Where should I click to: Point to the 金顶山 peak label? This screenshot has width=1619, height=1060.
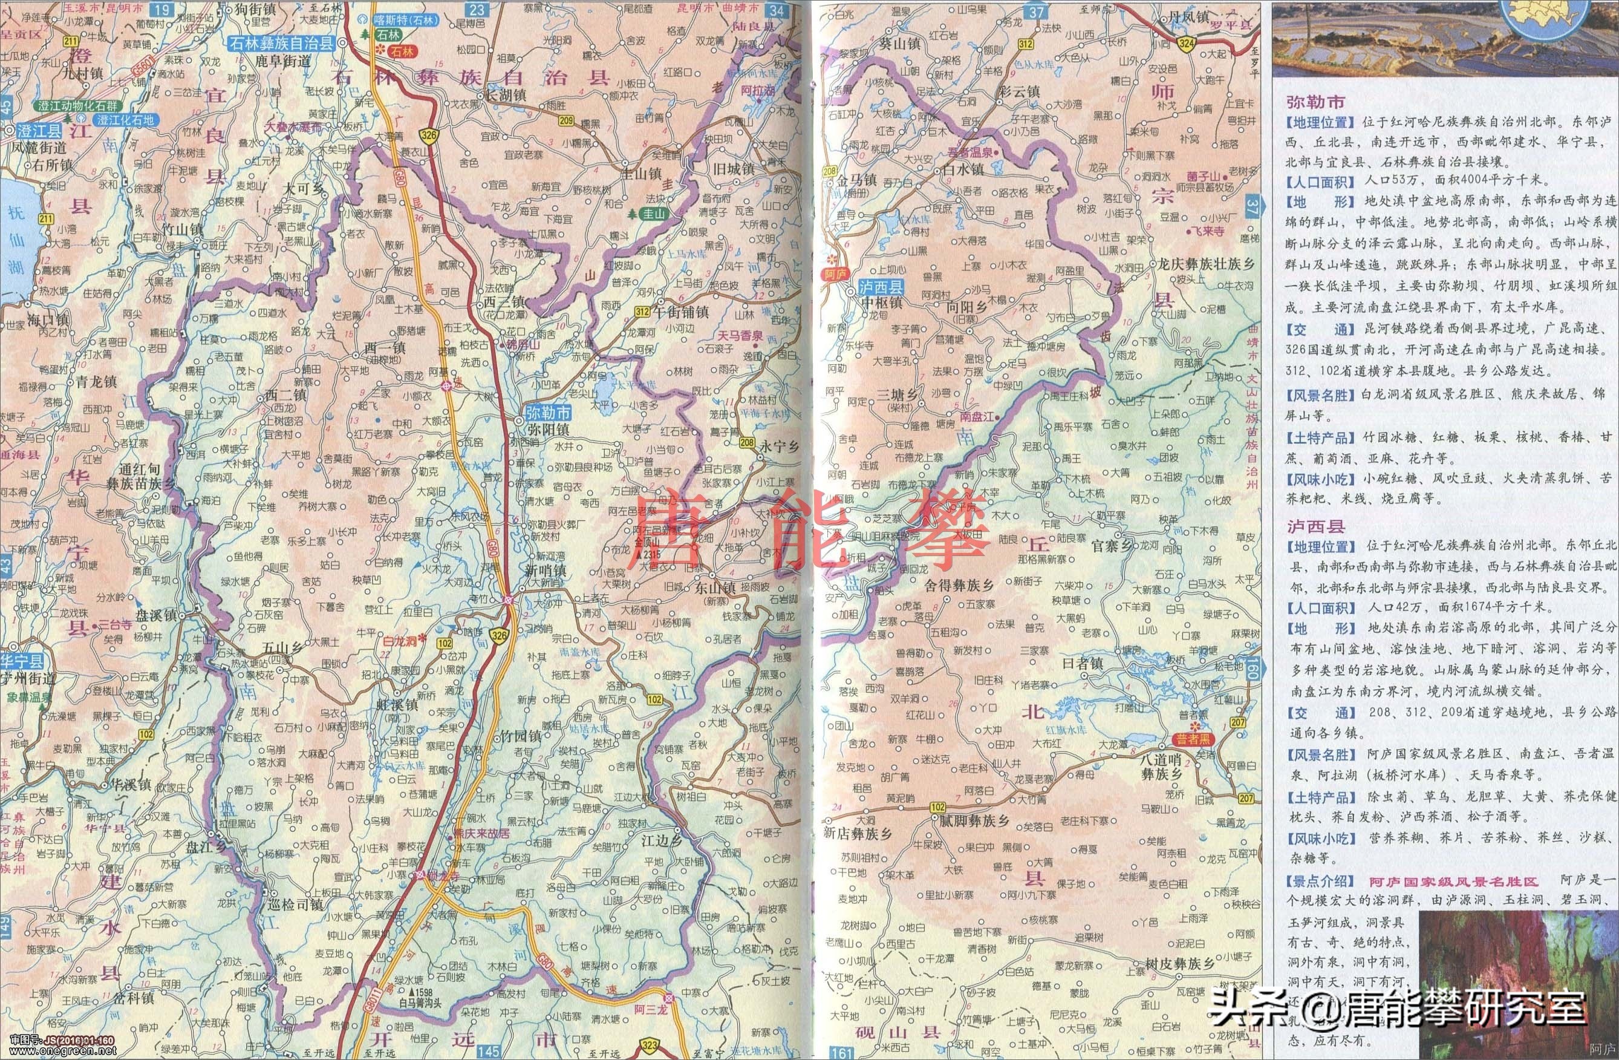[652, 542]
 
